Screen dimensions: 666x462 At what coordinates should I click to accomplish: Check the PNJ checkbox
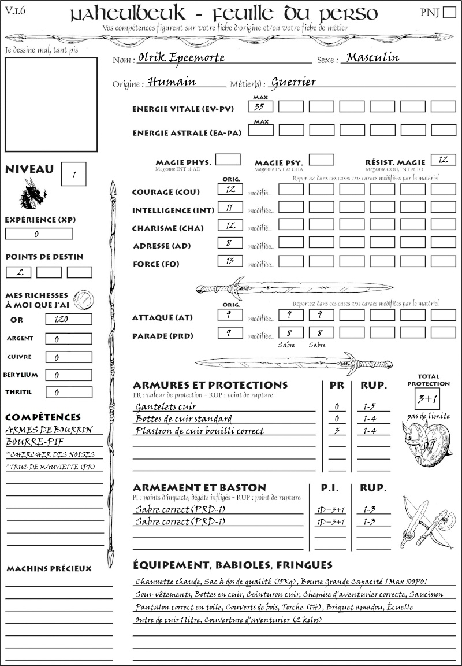448,13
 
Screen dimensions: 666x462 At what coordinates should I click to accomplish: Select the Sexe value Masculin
372,57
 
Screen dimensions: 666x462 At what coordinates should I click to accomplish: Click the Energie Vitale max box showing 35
260,106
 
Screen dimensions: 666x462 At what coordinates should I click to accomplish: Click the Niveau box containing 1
74,173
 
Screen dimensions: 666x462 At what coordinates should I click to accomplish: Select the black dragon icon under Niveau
33,194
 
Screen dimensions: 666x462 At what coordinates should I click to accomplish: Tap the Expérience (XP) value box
39,234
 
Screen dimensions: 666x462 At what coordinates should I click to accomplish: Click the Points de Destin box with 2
18,272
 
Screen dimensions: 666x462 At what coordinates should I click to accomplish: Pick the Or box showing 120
68,319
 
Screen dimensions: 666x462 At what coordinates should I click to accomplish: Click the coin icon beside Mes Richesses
83,299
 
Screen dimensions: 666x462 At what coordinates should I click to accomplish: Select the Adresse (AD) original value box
230,243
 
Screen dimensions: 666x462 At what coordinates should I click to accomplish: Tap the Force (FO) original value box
230,261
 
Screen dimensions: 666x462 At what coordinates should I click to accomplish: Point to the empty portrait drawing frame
51,104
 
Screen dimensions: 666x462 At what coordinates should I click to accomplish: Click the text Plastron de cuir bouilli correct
199,431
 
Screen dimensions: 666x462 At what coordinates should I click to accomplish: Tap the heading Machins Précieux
49,569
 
